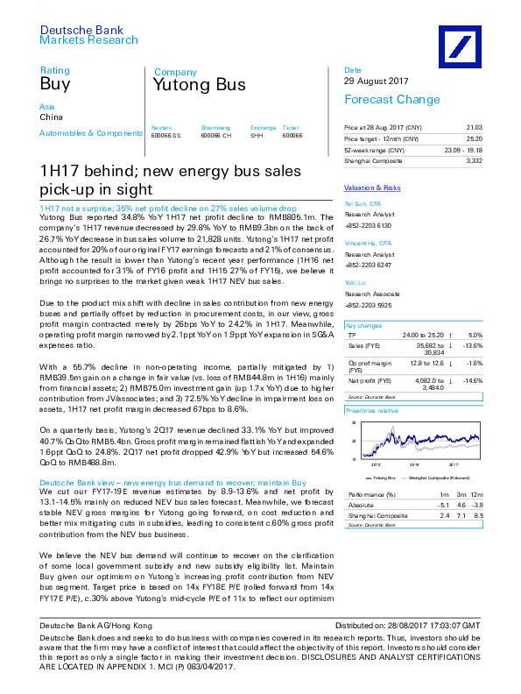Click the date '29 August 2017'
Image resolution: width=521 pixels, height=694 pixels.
click(377, 81)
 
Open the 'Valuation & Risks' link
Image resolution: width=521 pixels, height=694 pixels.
click(372, 188)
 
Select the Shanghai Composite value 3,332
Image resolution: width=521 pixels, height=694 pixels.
click(475, 161)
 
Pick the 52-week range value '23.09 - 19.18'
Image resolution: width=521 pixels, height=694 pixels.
click(462, 151)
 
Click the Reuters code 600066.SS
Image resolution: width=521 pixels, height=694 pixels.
click(165, 135)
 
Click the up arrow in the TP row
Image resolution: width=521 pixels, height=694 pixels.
click(449, 335)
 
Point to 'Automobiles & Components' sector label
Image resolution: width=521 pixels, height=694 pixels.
click(91, 133)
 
